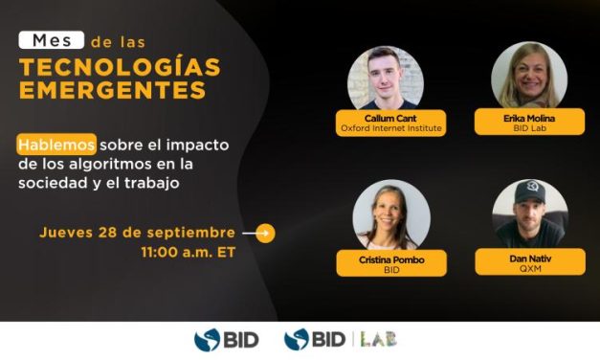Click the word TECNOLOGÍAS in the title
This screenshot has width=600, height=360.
point(119,67)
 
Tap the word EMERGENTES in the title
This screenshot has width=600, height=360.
point(112,91)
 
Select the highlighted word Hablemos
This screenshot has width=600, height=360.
point(56,145)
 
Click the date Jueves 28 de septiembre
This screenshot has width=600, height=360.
point(138,233)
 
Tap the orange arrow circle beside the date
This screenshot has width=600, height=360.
point(265,233)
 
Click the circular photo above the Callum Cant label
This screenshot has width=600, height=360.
point(385,78)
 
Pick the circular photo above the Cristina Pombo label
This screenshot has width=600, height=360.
point(391,214)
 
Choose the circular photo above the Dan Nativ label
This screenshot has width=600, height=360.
point(529,213)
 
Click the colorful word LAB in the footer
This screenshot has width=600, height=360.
point(377,338)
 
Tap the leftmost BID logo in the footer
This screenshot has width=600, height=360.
point(226,339)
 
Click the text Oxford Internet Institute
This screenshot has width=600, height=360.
point(383,127)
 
